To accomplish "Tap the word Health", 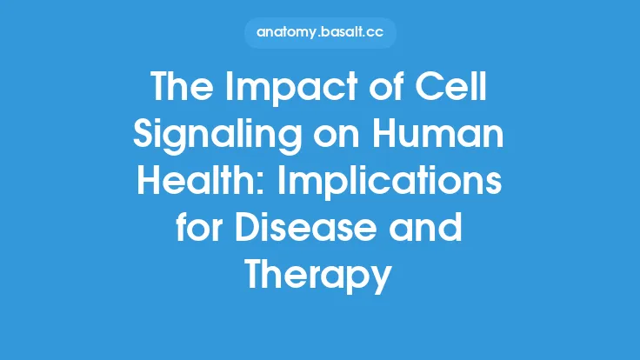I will [x=186, y=183].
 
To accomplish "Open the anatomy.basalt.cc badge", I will [x=319, y=32].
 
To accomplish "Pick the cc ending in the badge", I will [x=381, y=32].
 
